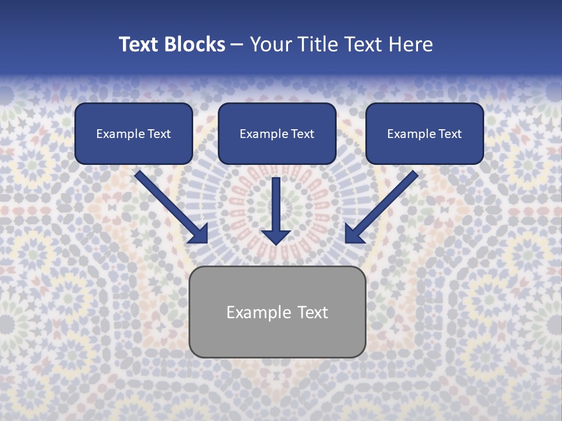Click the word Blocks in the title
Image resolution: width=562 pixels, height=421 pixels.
point(196,44)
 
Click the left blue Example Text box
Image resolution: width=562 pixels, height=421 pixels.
point(133,134)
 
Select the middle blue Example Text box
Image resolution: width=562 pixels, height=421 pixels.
point(277,134)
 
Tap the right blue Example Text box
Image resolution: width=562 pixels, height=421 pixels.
point(424,134)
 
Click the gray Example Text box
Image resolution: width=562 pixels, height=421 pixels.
point(277,312)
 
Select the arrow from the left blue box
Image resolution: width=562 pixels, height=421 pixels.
point(170,205)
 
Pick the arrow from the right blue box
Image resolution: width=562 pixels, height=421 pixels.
point(383,205)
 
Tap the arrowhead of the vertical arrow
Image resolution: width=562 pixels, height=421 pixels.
point(276,236)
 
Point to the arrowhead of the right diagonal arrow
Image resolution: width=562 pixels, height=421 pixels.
point(355,233)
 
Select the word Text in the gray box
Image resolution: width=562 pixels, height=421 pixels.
point(313,312)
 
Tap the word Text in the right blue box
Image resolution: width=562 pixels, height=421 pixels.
point(450,134)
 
